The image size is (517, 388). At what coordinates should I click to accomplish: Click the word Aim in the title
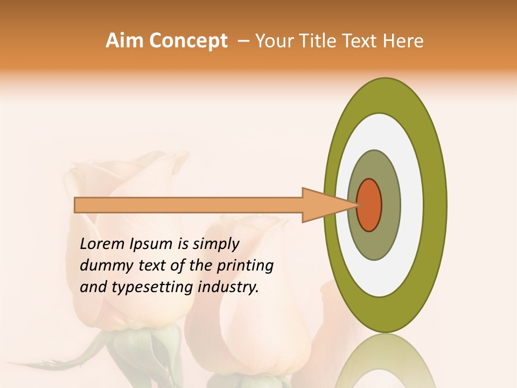pyautogui.click(x=125, y=41)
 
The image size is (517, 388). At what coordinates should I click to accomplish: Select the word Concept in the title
pyautogui.click(x=187, y=41)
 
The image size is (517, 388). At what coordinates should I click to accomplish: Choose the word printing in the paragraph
pyautogui.click(x=244, y=266)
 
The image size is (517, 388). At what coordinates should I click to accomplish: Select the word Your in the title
pyautogui.click(x=273, y=41)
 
